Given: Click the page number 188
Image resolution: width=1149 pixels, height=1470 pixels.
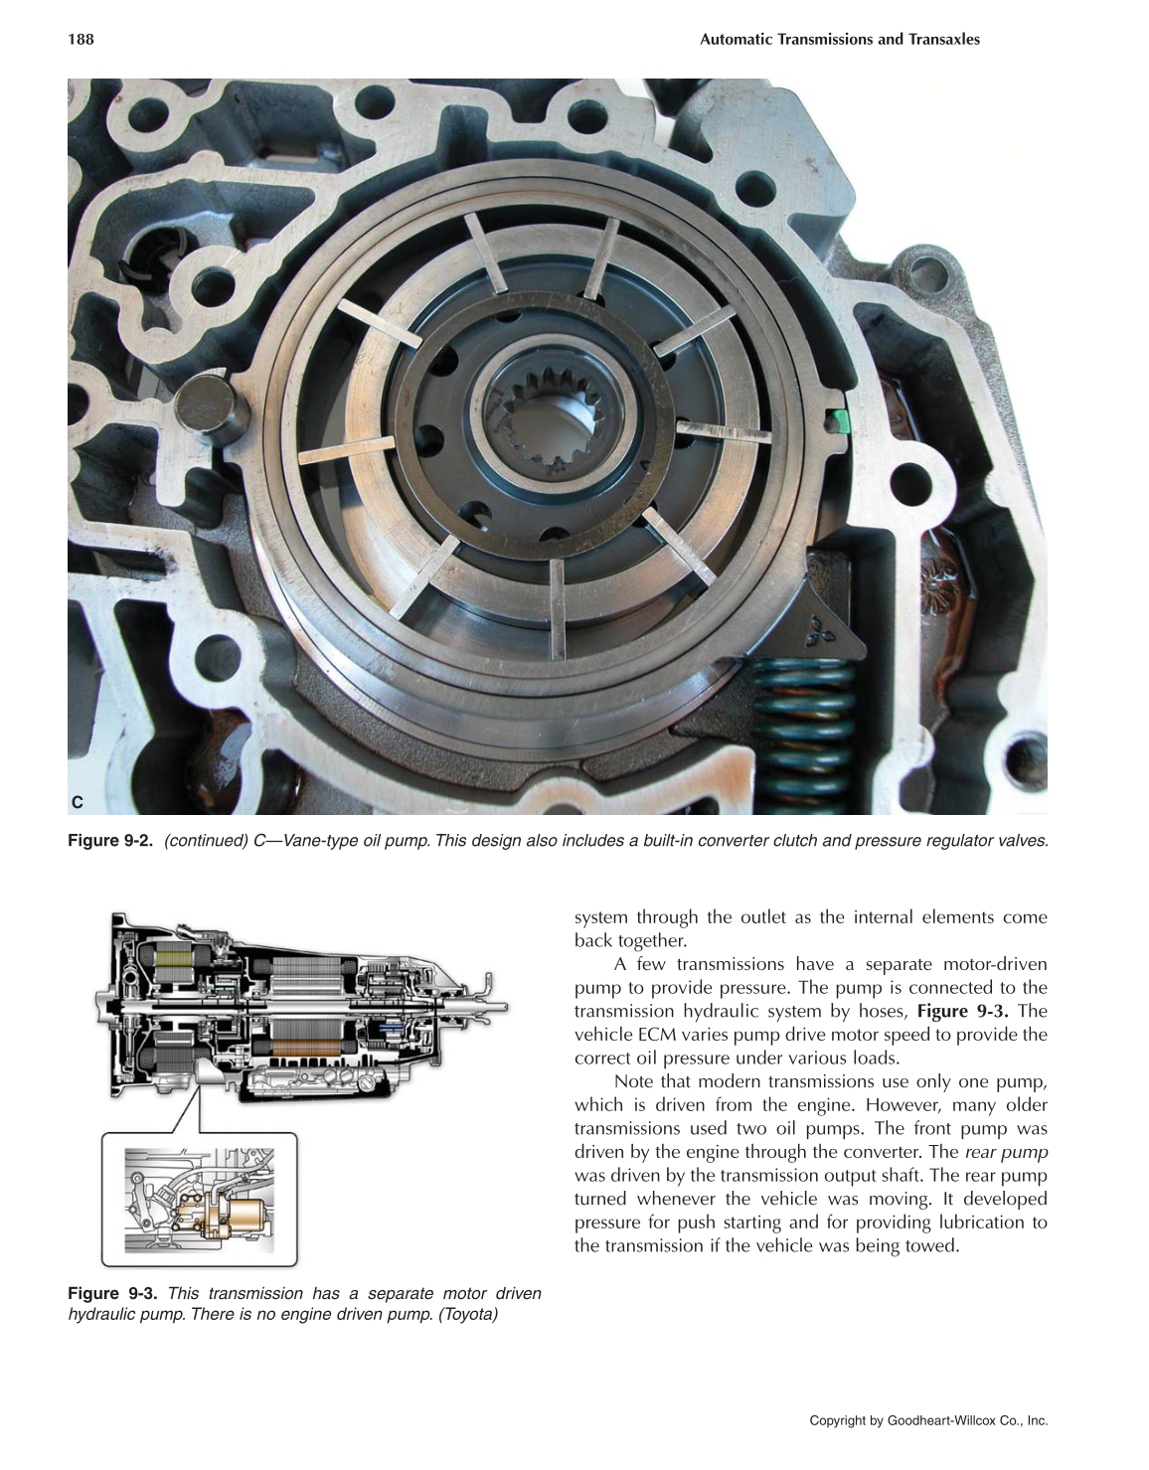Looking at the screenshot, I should coord(81,40).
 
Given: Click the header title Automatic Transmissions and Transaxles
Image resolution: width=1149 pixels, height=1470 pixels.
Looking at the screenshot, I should coord(839,40).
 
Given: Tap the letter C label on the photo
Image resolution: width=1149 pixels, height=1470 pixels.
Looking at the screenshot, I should coord(78,801).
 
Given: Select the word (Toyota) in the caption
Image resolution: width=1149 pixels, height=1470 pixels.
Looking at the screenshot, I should coord(467,1315).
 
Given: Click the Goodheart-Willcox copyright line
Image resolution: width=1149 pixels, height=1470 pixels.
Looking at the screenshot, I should coord(928,1420).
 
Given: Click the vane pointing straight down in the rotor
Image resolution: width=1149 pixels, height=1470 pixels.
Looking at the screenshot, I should coord(558,605).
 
